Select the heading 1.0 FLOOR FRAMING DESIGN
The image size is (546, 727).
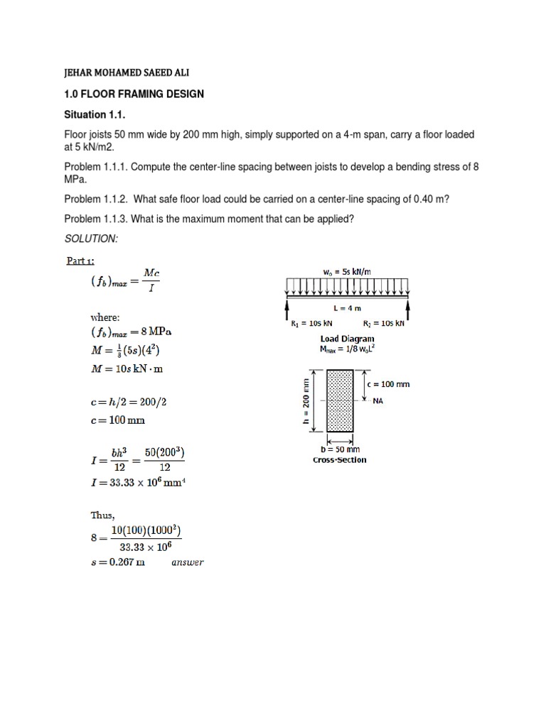pyautogui.click(x=134, y=94)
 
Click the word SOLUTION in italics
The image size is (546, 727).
pyautogui.click(x=90, y=239)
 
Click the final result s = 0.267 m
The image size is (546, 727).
pyautogui.click(x=117, y=562)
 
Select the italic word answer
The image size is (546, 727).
pyautogui.click(x=187, y=563)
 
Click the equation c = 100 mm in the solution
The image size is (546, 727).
pyautogui.click(x=117, y=420)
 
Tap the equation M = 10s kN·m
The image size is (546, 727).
pyautogui.click(x=129, y=368)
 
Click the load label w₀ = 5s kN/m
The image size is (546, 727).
pyautogui.click(x=347, y=271)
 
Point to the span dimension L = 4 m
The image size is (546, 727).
pyautogui.click(x=348, y=309)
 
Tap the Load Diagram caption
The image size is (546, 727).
pyautogui.click(x=347, y=339)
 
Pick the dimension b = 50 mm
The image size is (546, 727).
pyautogui.click(x=340, y=449)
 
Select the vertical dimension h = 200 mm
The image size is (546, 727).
pyautogui.click(x=306, y=401)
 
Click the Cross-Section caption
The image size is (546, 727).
pyautogui.click(x=340, y=459)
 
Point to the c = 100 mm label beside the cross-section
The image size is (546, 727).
pyautogui.click(x=389, y=384)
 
